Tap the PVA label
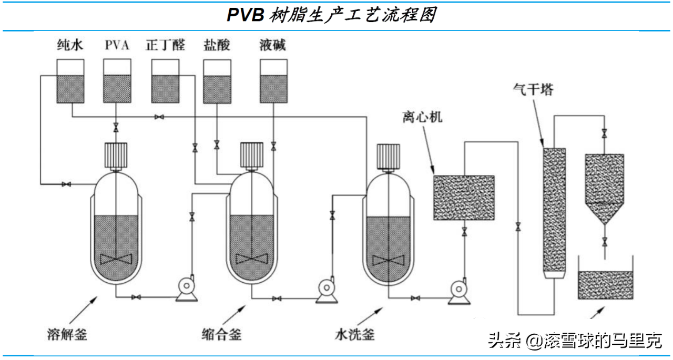pyautogui.click(x=117, y=45)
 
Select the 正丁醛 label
pyautogui.click(x=165, y=45)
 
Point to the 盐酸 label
pyautogui.click(x=217, y=45)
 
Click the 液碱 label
pyautogui.click(x=272, y=45)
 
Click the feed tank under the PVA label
pyautogui.click(x=117, y=81)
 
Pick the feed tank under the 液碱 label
pyautogui.click(x=274, y=81)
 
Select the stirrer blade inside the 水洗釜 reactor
pyautogui.click(x=389, y=259)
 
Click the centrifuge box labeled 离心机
pyautogui.click(x=463, y=197)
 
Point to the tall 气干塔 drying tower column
pyautogui.click(x=554, y=213)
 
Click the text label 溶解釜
pyautogui.click(x=67, y=333)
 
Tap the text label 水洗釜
pyautogui.click(x=355, y=334)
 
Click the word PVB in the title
pyautogui.click(x=245, y=15)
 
